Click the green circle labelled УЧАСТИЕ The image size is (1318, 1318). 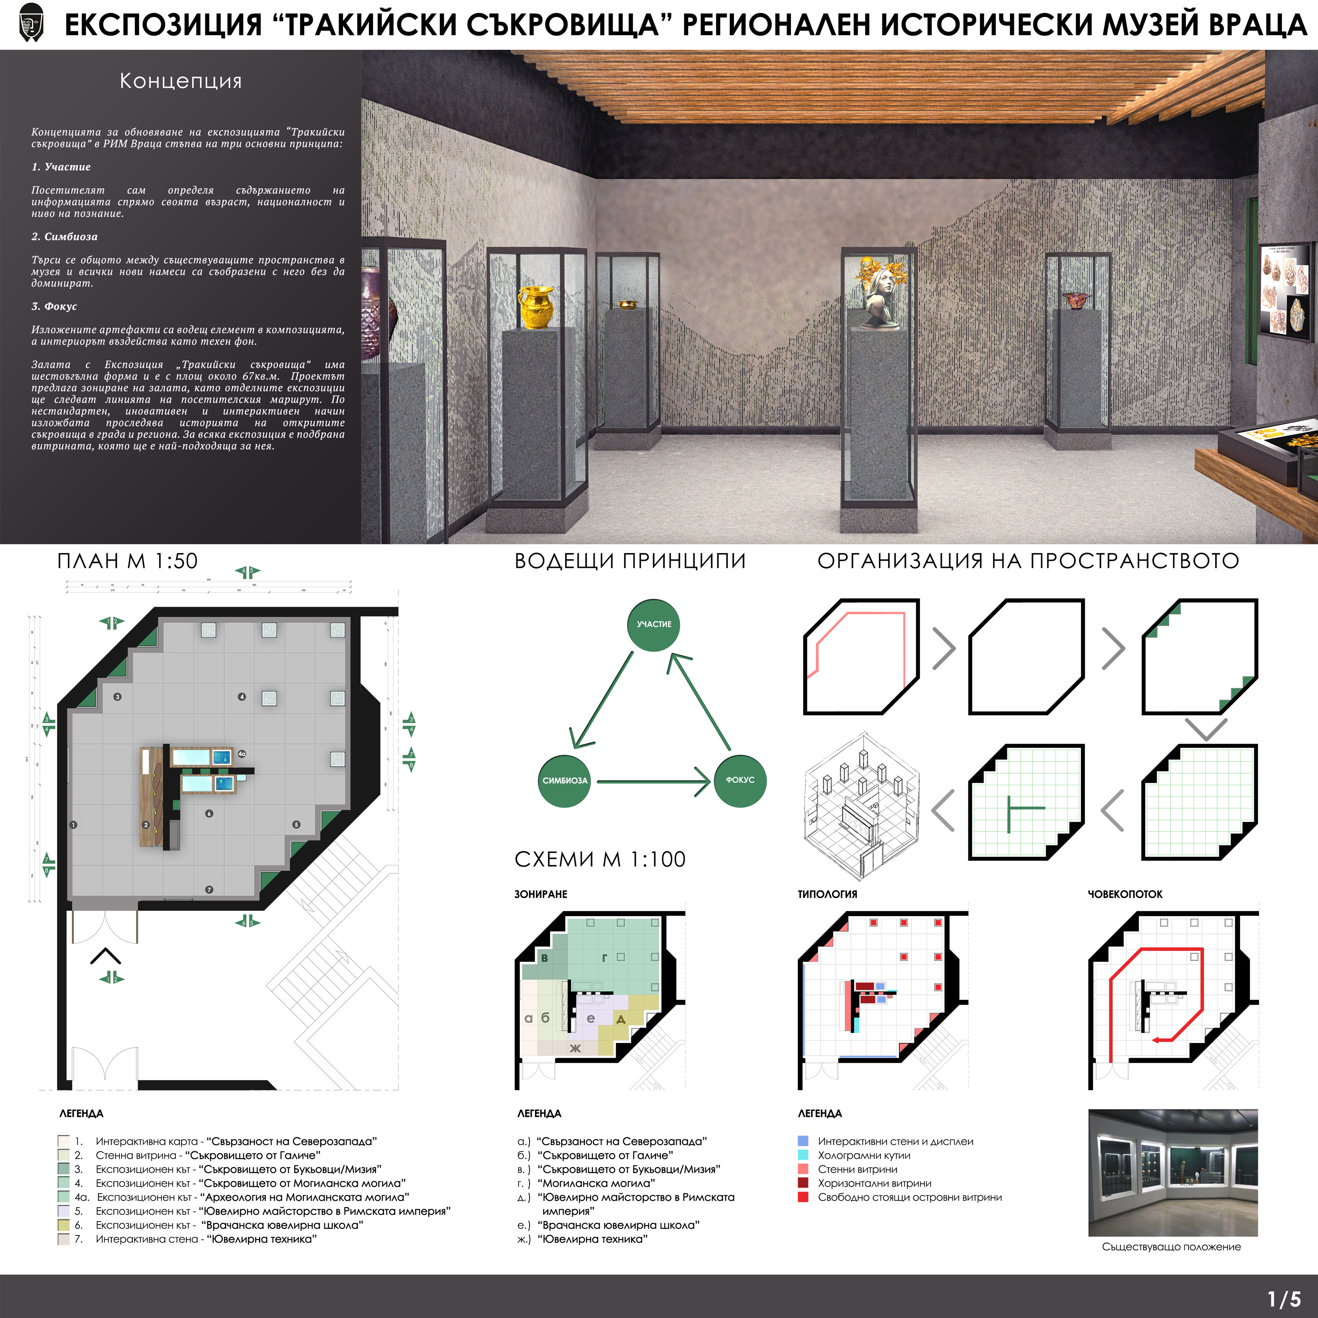click(x=654, y=624)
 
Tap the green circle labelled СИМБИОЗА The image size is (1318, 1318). click(x=564, y=780)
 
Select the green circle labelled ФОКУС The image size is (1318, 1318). click(x=740, y=780)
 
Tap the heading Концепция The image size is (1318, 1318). click(x=181, y=81)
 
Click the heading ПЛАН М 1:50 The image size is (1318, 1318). click(x=128, y=561)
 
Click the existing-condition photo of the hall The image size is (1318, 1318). click(x=1173, y=1172)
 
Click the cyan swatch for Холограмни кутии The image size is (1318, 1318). click(x=803, y=1155)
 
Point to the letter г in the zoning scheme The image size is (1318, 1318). click(x=604, y=958)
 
